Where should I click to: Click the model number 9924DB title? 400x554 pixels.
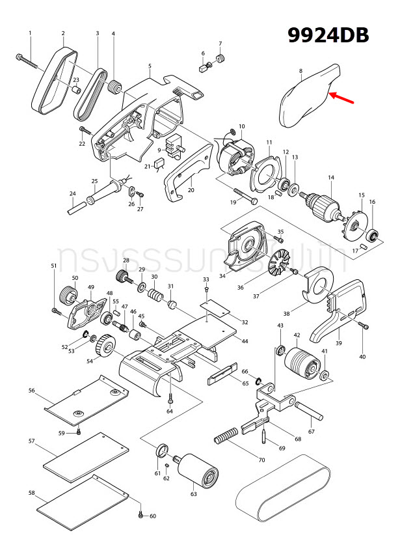329,35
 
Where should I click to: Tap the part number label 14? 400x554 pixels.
330,178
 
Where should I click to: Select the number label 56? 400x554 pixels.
31,391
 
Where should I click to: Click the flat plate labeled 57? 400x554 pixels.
85,455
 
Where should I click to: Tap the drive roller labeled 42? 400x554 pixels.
301,362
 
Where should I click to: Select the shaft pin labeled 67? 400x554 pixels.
310,411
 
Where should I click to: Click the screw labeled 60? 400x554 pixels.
140,515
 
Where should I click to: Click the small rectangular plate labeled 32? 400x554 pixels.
215,305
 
